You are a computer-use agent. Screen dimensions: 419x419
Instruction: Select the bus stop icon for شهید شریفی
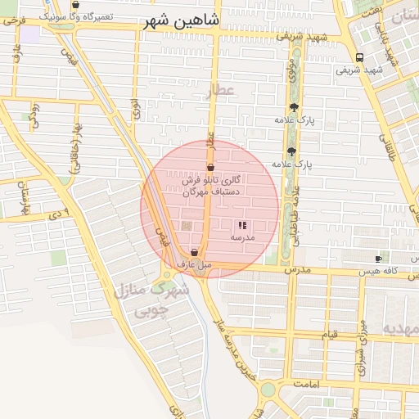click(x=359, y=57)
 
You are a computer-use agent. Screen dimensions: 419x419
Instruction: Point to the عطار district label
click(x=219, y=90)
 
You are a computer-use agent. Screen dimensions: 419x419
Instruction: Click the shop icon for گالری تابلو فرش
click(x=211, y=167)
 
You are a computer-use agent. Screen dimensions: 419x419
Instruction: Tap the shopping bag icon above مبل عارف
click(x=194, y=253)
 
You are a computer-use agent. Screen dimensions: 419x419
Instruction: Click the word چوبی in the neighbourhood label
click(x=150, y=310)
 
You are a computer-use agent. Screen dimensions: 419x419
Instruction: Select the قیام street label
click(x=329, y=335)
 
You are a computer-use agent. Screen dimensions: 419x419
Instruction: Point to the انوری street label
click(x=135, y=109)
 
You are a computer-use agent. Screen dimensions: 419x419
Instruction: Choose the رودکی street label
click(x=34, y=116)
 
